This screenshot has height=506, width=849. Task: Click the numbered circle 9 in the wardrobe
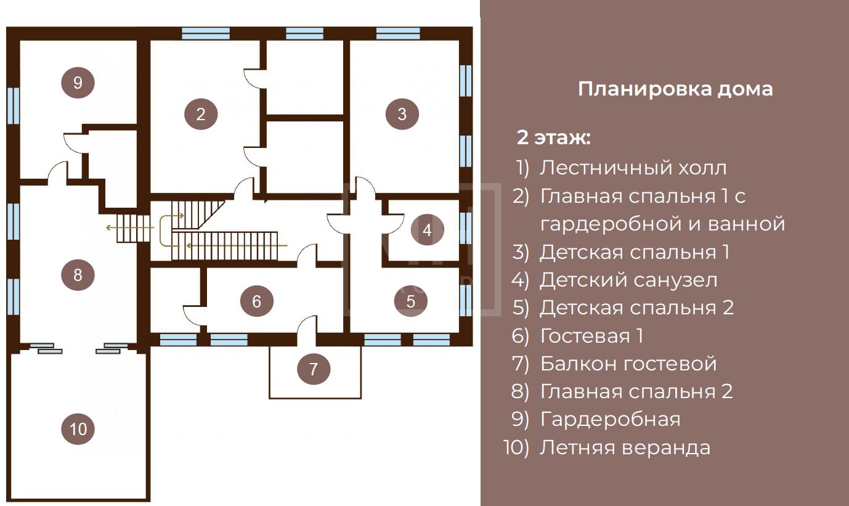tap(78, 82)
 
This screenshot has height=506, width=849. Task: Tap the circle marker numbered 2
tap(200, 114)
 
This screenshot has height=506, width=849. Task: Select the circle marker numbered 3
tap(402, 114)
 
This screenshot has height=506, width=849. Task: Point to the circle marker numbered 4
tap(427, 230)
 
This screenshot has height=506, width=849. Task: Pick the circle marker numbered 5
tap(411, 301)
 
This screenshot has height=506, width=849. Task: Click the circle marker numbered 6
tap(256, 301)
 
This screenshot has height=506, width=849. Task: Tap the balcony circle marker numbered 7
tap(314, 369)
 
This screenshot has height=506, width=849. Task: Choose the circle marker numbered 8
tap(78, 274)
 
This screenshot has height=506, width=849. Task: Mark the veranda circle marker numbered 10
tap(79, 428)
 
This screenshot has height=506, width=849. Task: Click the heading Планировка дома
tap(675, 89)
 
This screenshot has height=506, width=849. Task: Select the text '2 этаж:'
tap(553, 137)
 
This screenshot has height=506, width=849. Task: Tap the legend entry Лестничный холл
tap(633, 168)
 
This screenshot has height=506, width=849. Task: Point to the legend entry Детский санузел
tap(628, 280)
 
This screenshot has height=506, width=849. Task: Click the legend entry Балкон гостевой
tap(628, 364)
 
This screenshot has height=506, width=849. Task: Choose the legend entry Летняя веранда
tap(625, 447)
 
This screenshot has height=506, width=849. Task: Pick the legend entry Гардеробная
tap(610, 419)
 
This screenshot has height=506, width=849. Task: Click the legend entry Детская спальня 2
tap(637, 308)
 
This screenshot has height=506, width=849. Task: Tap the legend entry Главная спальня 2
tap(636, 391)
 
